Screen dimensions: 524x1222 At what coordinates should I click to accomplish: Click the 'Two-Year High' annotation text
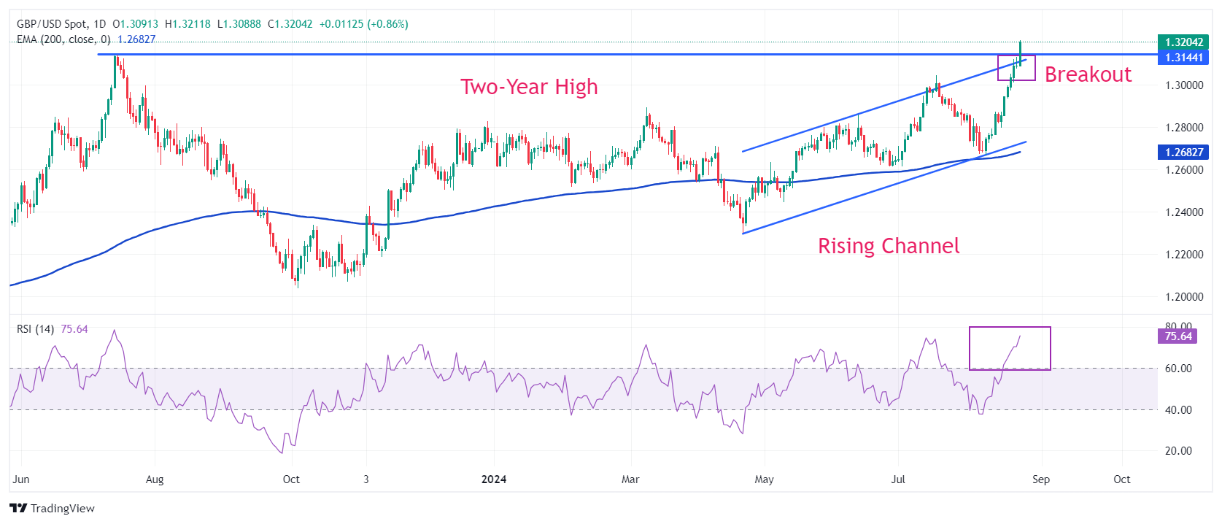point(529,87)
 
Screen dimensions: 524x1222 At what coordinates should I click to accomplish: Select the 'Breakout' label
point(1088,74)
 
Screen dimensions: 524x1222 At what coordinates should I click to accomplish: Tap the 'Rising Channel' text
point(888,246)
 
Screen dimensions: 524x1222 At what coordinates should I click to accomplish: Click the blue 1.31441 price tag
point(1183,58)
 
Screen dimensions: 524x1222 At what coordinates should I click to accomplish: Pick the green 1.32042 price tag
point(1183,42)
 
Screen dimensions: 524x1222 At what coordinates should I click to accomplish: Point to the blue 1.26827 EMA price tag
point(1183,153)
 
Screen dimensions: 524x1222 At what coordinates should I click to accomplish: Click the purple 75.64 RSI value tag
point(1177,336)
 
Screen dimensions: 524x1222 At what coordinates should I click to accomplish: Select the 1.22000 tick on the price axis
point(1183,255)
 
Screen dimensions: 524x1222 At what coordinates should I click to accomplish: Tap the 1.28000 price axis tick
point(1183,128)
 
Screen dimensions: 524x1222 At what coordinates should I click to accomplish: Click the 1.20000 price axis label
point(1183,297)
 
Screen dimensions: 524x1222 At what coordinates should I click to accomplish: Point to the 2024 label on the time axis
point(494,479)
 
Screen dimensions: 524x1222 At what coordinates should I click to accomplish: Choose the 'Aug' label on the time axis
point(155,479)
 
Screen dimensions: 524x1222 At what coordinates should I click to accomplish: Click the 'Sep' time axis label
point(1041,479)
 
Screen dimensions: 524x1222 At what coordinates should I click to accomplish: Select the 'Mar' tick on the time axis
point(630,479)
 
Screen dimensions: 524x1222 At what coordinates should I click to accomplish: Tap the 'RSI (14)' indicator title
point(35,329)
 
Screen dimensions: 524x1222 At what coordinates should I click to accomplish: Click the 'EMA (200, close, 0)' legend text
point(63,39)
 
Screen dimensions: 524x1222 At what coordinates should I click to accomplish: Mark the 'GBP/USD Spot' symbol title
point(51,24)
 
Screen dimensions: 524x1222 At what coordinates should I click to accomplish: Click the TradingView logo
point(53,508)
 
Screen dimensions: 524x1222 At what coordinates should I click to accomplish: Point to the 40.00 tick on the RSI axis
point(1178,410)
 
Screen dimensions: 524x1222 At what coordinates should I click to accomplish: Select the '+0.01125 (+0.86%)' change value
point(364,24)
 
